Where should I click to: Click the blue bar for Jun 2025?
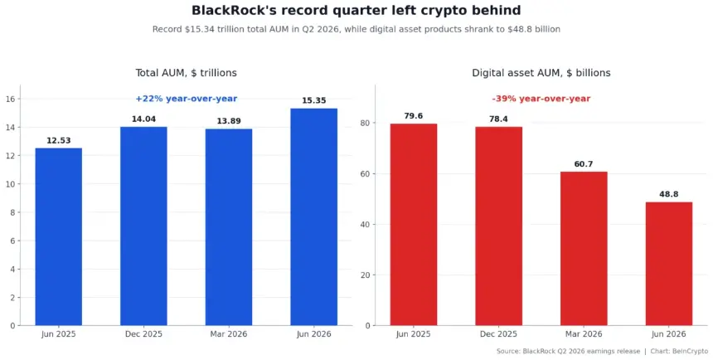point(59,236)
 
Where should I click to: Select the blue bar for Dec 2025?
point(143,226)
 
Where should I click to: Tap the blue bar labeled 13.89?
point(229,227)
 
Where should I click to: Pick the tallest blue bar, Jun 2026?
point(313,216)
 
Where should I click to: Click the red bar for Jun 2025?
point(414,224)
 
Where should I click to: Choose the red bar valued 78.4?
point(499,226)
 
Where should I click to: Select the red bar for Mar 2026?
point(584,249)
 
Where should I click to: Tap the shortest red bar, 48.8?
point(669,264)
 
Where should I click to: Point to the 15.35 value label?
point(313,100)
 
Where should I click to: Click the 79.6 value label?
point(414,116)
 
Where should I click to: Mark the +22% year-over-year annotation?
point(187,99)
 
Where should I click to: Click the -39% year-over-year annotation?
point(541,99)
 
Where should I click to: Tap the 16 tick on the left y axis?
point(11,99)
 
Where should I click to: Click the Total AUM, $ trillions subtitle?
point(186,73)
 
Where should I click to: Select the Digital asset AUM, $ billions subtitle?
point(541,73)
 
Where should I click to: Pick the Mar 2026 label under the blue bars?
point(229,334)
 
